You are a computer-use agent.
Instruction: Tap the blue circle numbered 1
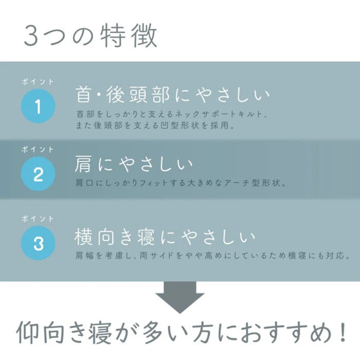pos(38,107)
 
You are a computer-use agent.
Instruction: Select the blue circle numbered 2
pos(38,175)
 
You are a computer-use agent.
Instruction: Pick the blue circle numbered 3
pos(38,243)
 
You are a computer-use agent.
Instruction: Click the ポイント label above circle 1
pos(38,82)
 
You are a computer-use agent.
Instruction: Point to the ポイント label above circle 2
pos(38,149)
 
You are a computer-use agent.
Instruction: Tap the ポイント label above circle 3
pos(38,218)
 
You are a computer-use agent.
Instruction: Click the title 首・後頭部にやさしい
pos(172,96)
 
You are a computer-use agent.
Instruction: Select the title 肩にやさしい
pos(134,165)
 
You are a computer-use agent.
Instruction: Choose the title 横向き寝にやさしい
pos(165,237)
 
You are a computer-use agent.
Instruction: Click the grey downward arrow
pos(180,297)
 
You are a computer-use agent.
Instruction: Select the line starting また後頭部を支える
pos(154,126)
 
